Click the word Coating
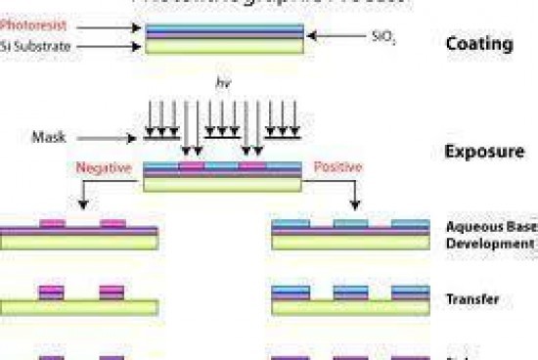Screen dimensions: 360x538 478,44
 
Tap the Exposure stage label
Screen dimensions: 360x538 484,152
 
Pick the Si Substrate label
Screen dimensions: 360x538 36,45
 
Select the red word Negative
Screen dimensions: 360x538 103,168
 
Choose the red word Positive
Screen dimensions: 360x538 337,168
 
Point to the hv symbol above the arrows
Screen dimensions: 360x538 222,83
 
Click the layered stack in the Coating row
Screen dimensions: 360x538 225,38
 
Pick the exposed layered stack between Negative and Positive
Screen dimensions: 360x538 222,176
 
